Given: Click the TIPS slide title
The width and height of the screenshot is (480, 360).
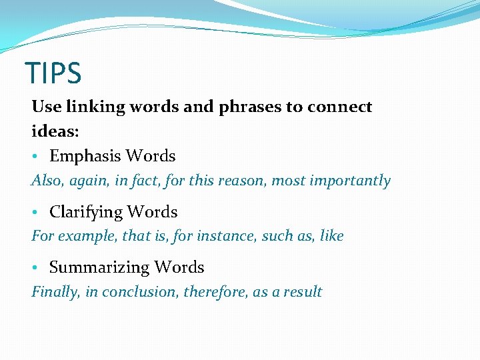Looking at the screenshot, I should point(53,73).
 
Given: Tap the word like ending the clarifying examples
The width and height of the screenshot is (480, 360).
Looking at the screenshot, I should point(331,236).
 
